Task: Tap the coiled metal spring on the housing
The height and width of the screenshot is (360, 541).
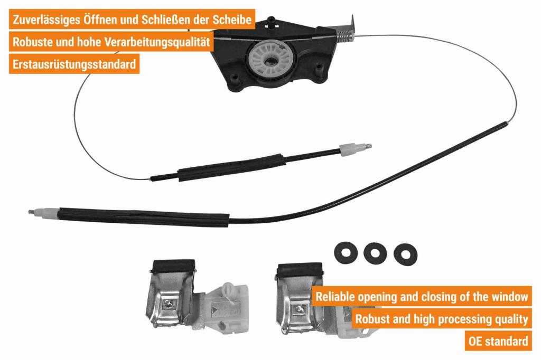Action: (344, 35)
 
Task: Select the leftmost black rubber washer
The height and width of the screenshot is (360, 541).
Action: (346, 252)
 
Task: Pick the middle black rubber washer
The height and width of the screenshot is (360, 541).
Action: (375, 253)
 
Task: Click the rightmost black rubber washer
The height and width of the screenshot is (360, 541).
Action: (405, 255)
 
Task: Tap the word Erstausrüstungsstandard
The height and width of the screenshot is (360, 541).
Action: (74, 64)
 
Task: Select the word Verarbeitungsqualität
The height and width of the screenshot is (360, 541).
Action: (157, 42)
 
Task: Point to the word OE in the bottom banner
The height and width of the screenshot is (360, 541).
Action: (475, 342)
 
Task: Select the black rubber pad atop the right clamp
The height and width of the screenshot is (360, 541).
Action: (299, 271)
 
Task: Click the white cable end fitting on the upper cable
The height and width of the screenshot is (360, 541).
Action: (349, 149)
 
